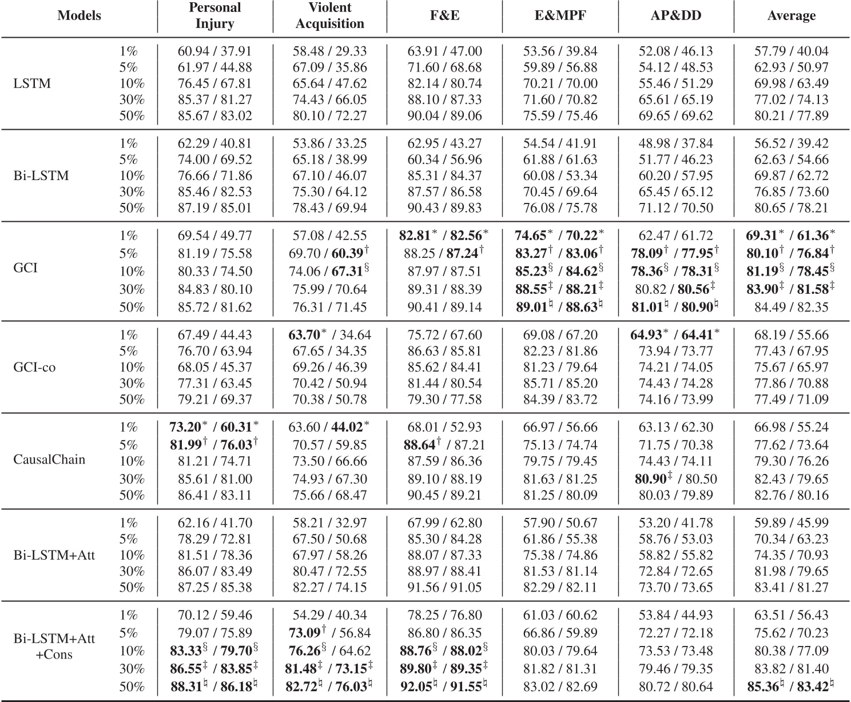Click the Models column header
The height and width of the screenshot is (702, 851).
pyautogui.click(x=79, y=15)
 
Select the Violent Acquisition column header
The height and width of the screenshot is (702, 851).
pyautogui.click(x=330, y=15)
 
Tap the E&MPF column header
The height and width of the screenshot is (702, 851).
pyautogui.click(x=560, y=15)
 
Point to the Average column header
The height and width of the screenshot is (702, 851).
pyautogui.click(x=792, y=15)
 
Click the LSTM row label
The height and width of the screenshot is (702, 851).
pyautogui.click(x=32, y=83)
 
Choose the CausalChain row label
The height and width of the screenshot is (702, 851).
pyautogui.click(x=49, y=460)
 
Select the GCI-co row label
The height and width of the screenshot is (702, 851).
pyautogui.click(x=34, y=367)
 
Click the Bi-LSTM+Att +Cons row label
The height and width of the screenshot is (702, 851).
pyautogui.click(x=54, y=647)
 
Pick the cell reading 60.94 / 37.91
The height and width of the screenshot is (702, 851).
pyautogui.click(x=214, y=51)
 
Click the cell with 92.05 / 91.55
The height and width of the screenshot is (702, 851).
pyautogui.click(x=446, y=685)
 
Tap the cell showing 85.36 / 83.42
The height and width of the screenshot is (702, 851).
pyautogui.click(x=792, y=685)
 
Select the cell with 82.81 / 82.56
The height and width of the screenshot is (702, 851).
pyautogui.click(x=446, y=236)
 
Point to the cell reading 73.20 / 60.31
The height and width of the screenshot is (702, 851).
pyautogui.click(x=214, y=427)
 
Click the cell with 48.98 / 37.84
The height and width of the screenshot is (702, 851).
pyautogui.click(x=676, y=143)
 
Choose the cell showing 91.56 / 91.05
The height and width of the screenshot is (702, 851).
pyautogui.click(x=444, y=587)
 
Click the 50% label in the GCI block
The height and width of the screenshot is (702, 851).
pyautogui.click(x=131, y=308)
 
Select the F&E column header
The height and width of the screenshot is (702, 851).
pyautogui.click(x=444, y=15)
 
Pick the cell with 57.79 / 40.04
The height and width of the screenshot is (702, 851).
pyautogui.click(x=792, y=51)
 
